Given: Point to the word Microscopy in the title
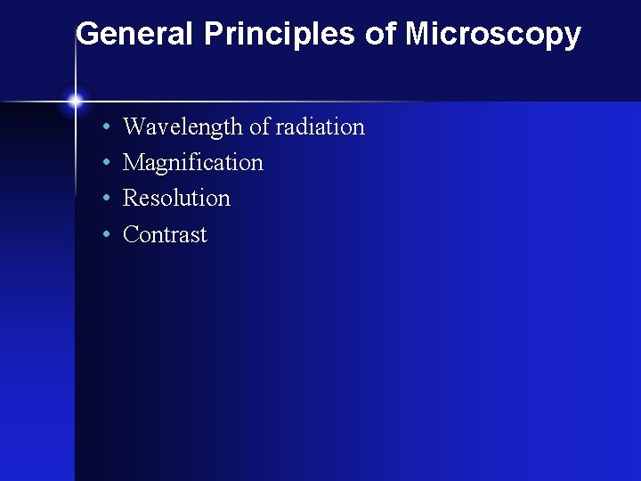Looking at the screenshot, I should pos(493,36).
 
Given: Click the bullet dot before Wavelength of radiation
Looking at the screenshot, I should pos(106,128).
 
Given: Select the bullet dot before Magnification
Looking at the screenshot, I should pos(106,164).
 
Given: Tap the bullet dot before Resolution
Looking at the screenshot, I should pos(106,200).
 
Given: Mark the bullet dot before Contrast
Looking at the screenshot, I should pos(106,236).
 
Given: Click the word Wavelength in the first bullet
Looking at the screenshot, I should pos(183,127).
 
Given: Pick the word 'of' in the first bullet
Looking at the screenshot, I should pos(259,126).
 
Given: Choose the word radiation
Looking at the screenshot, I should pos(320,126).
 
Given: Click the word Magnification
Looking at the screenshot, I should pos(193,163).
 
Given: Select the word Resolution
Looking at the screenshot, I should pos(176,198).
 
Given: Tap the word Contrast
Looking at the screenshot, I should pos(165,234).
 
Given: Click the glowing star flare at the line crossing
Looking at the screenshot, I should pos(75,101).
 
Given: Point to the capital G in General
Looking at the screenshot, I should pos(87,34).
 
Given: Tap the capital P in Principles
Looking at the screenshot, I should pos(214,34).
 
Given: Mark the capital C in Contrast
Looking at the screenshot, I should pos(130,234).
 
